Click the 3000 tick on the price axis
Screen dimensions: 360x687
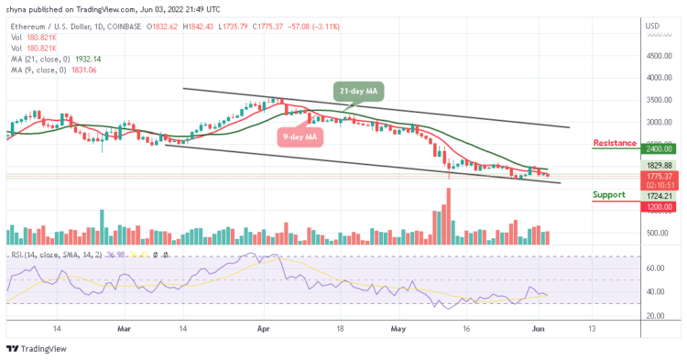pos(654,122)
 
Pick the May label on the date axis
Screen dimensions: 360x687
pos(398,327)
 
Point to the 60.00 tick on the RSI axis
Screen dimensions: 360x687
pos(654,268)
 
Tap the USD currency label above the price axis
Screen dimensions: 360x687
pos(652,25)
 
